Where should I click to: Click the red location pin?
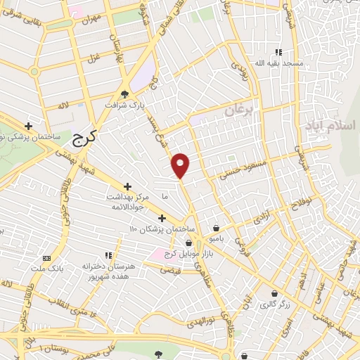(181, 165)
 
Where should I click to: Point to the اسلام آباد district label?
(330, 125)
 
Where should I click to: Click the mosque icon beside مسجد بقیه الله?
(279, 52)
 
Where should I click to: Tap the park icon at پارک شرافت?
(126, 94)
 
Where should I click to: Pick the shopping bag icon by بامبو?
(215, 228)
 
